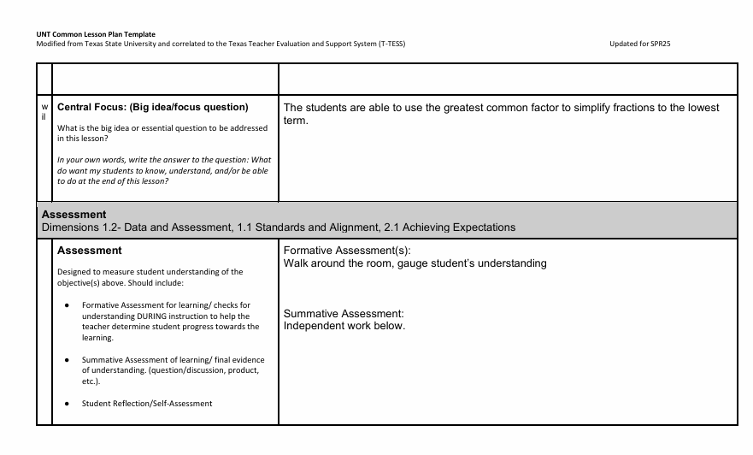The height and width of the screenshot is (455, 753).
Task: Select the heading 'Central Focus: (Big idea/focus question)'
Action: click(152, 108)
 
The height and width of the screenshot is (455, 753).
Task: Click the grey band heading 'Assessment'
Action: click(74, 214)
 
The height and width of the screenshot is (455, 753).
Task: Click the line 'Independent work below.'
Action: click(344, 326)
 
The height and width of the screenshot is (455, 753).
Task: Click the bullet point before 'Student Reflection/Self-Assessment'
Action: click(68, 404)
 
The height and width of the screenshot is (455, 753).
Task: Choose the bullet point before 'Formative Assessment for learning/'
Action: click(68, 305)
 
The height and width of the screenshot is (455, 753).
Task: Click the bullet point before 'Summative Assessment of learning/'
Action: click(68, 360)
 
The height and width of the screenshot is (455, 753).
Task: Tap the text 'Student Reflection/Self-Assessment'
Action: click(147, 404)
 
